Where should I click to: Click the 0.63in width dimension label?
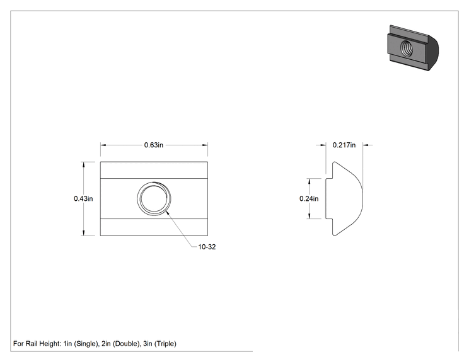153,145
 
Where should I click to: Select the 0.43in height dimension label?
83,198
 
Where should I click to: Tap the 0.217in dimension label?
344,145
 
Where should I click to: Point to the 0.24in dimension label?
309,198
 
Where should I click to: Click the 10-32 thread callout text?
207,247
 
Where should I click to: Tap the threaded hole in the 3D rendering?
406,48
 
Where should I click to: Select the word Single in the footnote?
86,344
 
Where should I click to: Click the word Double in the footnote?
126,344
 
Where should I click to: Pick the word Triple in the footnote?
165,344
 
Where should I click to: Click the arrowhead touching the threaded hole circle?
168,213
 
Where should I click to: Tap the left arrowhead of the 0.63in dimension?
103,145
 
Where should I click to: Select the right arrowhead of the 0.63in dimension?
205,145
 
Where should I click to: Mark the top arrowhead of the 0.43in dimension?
84,164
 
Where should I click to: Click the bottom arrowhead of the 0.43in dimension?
84,233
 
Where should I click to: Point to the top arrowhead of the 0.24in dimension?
310,181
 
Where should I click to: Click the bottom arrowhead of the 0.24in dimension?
310,216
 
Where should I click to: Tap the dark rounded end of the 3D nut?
433,52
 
